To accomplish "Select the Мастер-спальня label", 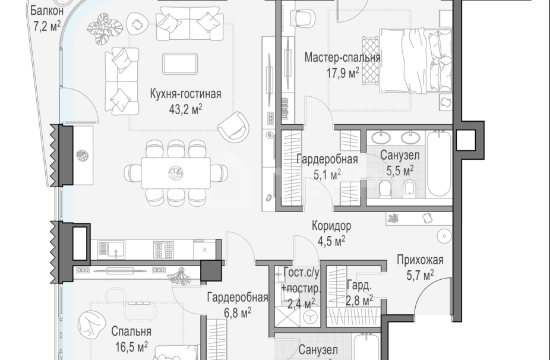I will [342, 58].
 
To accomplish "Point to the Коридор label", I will [331, 226].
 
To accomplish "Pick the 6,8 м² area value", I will [236, 311].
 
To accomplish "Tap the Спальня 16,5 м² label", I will [131, 339].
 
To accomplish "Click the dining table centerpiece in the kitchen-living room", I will [175, 172].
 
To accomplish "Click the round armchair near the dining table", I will [235, 127].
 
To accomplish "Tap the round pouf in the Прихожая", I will [444, 236].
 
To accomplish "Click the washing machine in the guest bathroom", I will [309, 318].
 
